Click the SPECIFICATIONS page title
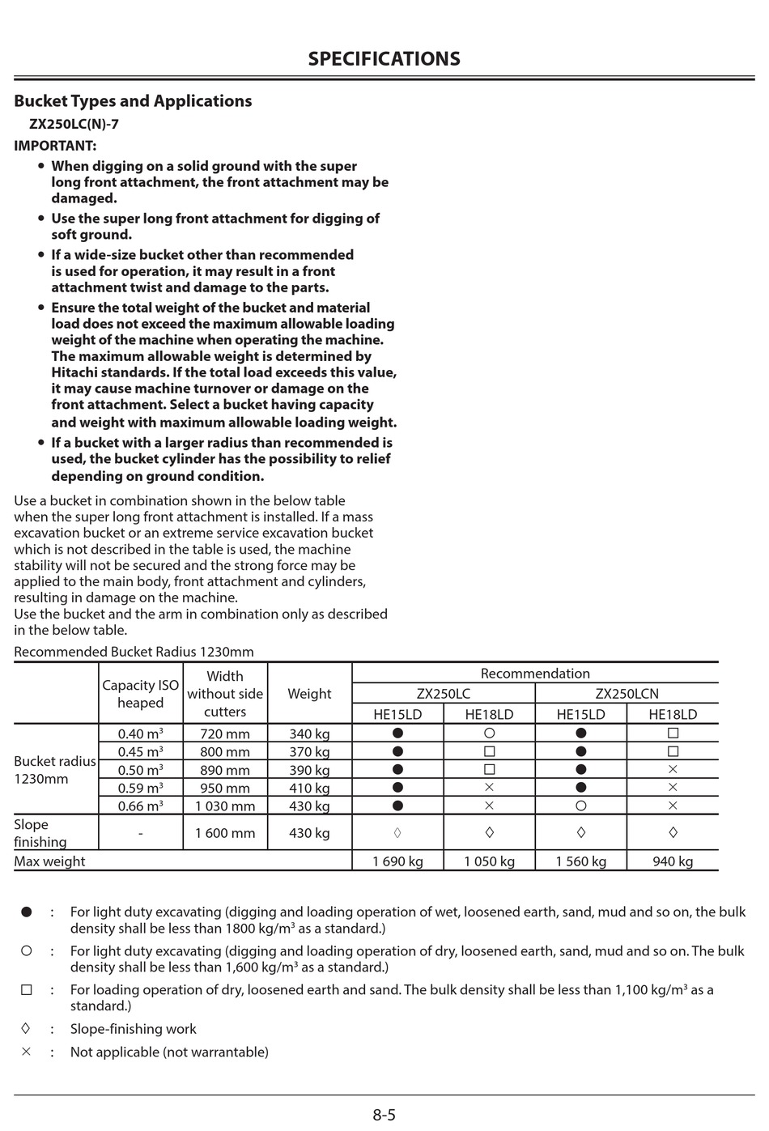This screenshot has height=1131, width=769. point(384,59)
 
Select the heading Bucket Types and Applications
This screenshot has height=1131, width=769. point(133,101)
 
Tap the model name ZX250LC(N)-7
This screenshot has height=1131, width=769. point(74,125)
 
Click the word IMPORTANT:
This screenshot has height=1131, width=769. point(55,146)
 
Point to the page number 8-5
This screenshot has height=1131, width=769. point(384,1115)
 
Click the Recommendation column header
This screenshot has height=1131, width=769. point(535,674)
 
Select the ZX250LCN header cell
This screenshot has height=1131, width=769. point(627,694)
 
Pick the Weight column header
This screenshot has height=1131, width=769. point(309,694)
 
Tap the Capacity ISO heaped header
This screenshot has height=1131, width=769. point(141,694)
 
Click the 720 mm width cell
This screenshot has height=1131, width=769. point(225,733)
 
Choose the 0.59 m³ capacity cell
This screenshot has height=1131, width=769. point(141,788)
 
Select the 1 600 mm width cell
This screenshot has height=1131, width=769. point(225,833)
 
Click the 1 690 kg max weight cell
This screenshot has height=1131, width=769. point(397,861)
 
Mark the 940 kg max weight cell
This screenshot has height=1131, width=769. point(673,861)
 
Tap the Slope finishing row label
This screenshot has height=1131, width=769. point(40,833)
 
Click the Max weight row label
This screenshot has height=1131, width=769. point(49,861)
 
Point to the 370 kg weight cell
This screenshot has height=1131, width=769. point(309,751)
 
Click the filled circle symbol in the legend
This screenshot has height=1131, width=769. point(26,912)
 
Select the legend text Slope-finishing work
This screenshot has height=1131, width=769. point(134,1029)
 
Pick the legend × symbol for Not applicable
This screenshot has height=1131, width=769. point(26,1052)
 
